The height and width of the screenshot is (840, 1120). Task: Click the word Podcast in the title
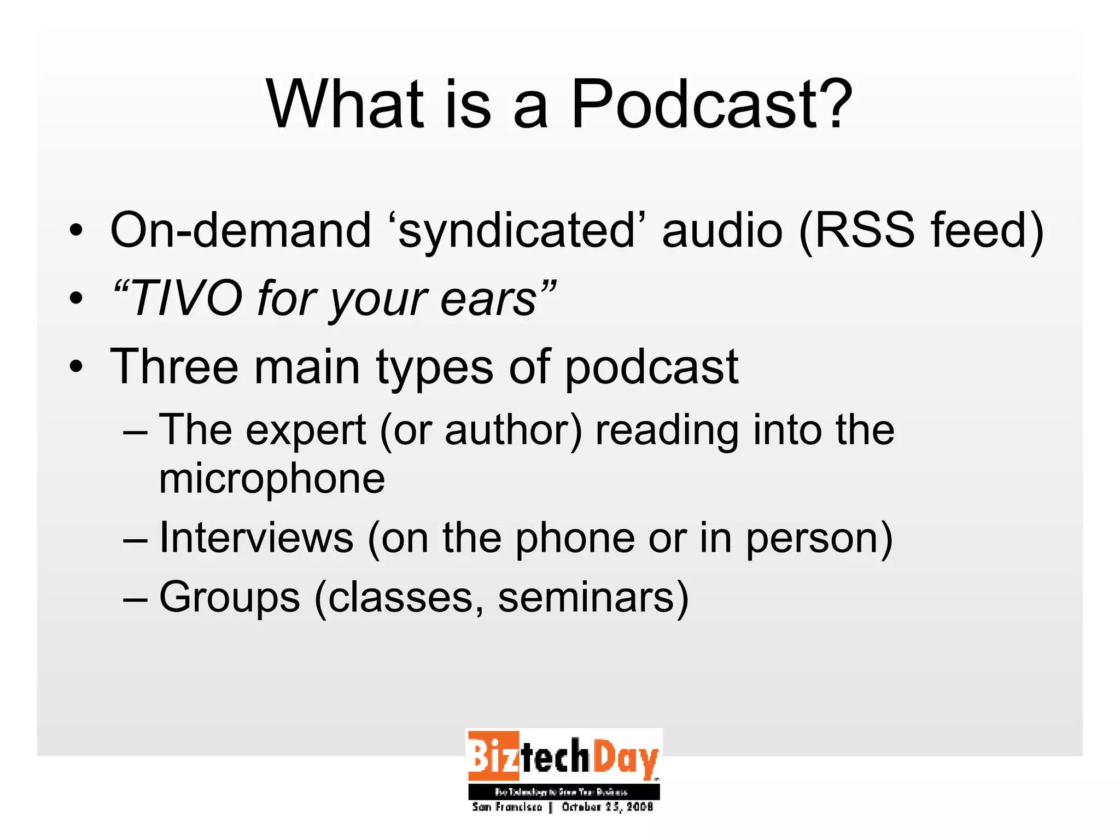(x=711, y=104)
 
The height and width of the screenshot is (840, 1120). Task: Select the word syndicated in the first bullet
(x=517, y=230)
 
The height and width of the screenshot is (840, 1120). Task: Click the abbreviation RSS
(x=865, y=229)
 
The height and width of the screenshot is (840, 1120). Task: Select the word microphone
(x=272, y=479)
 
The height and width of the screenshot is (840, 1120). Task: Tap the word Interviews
(x=256, y=538)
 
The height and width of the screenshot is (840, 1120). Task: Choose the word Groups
(x=230, y=597)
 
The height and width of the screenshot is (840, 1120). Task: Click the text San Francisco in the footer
(x=507, y=807)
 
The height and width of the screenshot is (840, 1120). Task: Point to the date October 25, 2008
(x=607, y=807)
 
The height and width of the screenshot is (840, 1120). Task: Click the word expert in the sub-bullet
(x=306, y=430)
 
